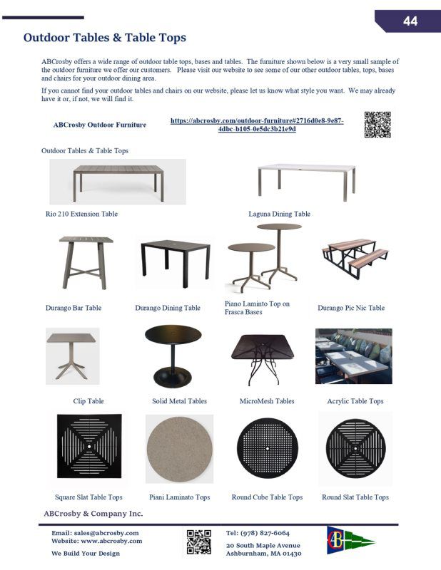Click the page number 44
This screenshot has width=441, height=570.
(x=410, y=21)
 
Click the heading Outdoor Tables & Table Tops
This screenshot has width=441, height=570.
(x=104, y=38)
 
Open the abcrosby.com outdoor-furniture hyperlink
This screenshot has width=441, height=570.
(x=257, y=125)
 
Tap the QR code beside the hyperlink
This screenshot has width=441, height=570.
(x=377, y=125)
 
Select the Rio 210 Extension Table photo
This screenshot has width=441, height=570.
(x=118, y=182)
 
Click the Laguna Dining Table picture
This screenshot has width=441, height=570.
(x=305, y=180)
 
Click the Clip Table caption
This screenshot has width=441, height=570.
(x=88, y=401)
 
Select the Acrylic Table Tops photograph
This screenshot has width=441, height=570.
(x=353, y=356)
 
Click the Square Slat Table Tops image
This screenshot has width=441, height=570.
(x=89, y=446)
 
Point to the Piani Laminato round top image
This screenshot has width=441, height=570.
(x=179, y=449)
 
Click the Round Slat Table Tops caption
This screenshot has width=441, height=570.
(x=355, y=497)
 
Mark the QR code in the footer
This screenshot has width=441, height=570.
(x=199, y=542)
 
